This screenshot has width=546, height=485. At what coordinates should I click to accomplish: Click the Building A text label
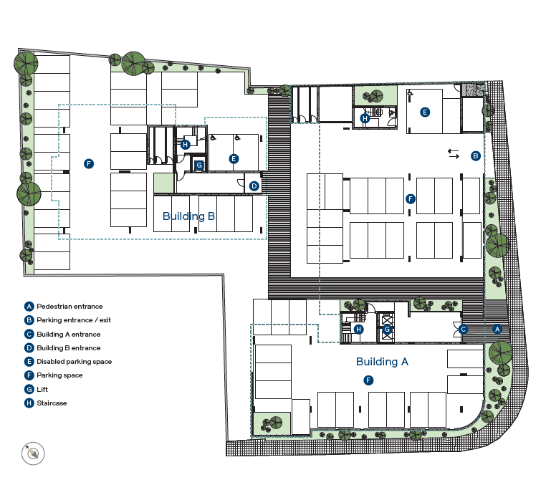point(382,362)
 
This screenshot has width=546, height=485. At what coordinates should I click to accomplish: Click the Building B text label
point(188,216)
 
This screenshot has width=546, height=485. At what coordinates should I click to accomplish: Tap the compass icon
point(33,453)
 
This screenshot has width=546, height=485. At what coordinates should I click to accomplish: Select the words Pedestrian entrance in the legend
point(70,307)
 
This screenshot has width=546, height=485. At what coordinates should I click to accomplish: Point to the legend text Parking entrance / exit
point(74,320)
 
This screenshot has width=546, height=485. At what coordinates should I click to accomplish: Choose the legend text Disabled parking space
point(75,361)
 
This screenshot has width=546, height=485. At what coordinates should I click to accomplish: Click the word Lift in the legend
point(42,389)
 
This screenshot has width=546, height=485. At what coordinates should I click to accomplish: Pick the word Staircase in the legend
point(52,403)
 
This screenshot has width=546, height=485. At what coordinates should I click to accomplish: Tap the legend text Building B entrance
point(69,348)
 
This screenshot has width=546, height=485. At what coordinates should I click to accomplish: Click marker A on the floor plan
point(497,329)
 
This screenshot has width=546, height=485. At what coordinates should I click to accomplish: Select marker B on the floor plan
point(476,155)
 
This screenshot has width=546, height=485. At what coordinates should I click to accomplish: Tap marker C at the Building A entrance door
point(463,329)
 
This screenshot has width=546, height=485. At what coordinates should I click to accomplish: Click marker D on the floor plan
point(254,186)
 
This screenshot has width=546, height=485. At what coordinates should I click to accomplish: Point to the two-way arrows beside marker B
point(454,154)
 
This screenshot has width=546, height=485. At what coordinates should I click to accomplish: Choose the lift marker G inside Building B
point(199,165)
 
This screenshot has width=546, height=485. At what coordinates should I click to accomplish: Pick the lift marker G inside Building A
point(387,329)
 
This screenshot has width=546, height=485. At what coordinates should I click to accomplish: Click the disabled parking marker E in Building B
point(234,159)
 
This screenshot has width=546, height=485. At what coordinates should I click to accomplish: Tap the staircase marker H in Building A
point(359,329)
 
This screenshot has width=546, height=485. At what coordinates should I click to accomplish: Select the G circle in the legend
point(29,389)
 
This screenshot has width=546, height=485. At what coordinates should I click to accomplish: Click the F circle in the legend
point(29,375)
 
